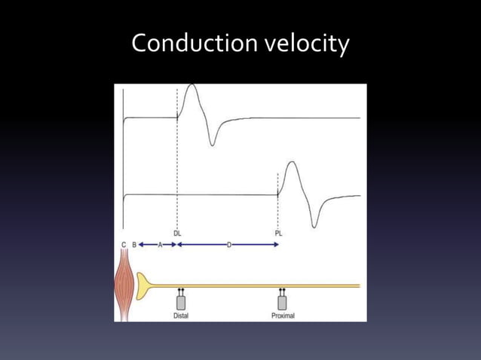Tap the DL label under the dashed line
177,233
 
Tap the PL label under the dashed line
279,233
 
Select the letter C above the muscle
124,245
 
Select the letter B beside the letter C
134,245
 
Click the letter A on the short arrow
160,245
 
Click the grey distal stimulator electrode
181,301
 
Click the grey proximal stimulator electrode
282,301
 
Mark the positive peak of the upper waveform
191,87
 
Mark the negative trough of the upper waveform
212,143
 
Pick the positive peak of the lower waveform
293,165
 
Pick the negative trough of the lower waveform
313,224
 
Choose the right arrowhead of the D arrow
277,245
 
